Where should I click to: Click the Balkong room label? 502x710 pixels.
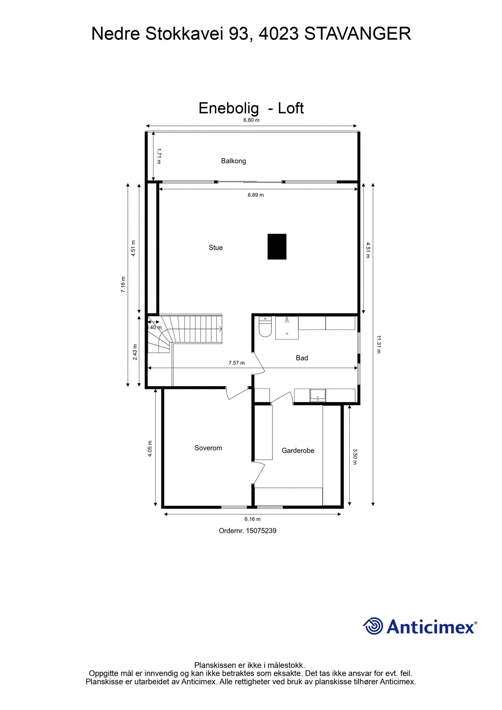click(233, 161)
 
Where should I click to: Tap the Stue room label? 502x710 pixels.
click(216, 248)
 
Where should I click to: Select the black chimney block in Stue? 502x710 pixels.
click(277, 247)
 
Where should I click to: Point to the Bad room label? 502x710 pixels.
click(302, 358)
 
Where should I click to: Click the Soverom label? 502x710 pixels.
click(208, 448)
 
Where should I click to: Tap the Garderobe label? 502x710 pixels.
click(298, 451)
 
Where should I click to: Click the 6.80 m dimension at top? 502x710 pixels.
click(251, 120)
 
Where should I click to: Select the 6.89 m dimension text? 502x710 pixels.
click(256, 195)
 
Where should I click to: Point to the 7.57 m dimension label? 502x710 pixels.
click(237, 363)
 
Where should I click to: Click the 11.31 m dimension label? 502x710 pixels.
click(379, 344)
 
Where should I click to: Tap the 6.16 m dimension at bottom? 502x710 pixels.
click(252, 519)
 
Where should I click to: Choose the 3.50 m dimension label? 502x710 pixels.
click(355, 456)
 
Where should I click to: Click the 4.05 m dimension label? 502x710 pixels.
click(150, 448)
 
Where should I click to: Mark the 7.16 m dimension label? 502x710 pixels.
click(123, 284)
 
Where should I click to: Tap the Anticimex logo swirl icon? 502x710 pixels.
click(373, 626)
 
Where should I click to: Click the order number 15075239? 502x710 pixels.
click(261, 531)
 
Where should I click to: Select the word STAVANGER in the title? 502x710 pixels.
click(358, 34)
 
